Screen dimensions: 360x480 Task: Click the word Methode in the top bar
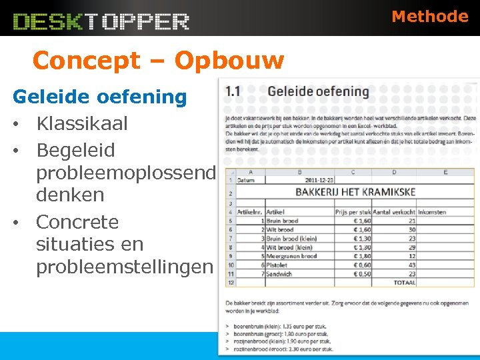click(430, 17)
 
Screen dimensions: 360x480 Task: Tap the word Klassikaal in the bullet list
click(82, 123)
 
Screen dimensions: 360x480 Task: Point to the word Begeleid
click(76, 150)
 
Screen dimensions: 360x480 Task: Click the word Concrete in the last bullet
click(77, 221)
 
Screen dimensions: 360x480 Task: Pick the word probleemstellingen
click(124, 267)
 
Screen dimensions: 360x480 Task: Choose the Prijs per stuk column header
click(353, 212)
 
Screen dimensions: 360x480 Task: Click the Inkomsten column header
click(432, 212)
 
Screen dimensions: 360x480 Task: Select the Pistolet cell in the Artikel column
click(279, 265)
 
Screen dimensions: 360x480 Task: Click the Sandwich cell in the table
click(279, 273)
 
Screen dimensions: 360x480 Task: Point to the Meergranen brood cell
click(291, 256)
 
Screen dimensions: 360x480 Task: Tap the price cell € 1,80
click(361, 256)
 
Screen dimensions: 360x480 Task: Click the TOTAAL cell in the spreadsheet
click(404, 283)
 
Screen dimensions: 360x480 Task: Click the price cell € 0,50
click(361, 273)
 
